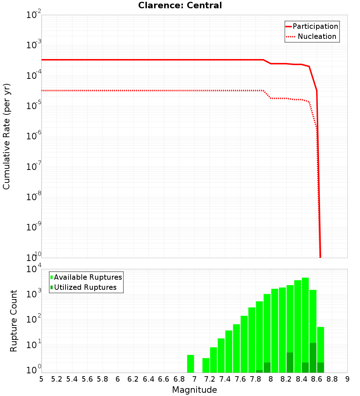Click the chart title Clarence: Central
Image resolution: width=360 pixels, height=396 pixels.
(180, 5)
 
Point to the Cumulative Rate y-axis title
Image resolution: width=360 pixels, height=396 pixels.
(6, 136)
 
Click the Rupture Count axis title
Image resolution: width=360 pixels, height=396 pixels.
(14, 321)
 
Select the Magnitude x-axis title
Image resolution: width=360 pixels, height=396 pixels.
(194, 390)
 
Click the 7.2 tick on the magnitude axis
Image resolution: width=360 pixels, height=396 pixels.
(210, 379)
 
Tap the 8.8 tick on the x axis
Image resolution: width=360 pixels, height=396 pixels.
(332, 379)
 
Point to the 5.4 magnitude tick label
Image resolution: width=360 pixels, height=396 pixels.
(72, 379)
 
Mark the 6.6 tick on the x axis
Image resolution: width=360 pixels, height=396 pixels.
(164, 379)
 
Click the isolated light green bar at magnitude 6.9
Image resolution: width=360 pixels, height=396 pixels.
(190, 364)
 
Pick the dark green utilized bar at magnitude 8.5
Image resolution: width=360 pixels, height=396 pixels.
(313, 358)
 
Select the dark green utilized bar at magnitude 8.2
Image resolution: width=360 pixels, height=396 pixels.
(290, 363)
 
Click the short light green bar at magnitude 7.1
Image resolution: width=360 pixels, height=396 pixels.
(206, 365)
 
